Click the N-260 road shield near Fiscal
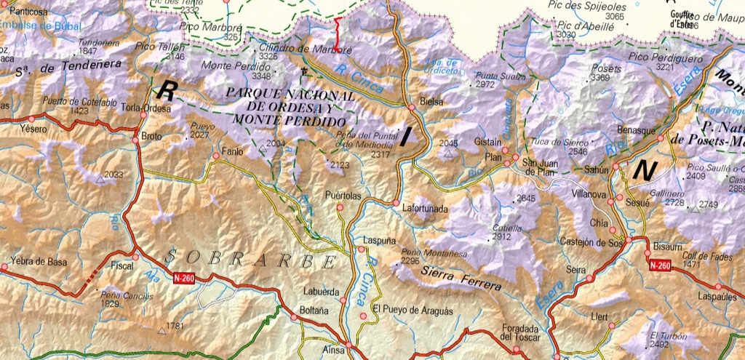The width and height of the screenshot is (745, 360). [184, 277]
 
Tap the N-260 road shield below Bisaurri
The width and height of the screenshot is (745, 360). [659, 266]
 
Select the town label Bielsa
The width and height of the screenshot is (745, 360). [432, 102]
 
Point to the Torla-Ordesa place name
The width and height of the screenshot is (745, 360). [146, 108]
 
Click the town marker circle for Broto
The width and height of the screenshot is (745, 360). [136, 136]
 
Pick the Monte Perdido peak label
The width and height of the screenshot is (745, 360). [226, 65]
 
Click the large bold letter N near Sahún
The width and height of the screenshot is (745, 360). [645, 170]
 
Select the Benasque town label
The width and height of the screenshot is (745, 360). [637, 128]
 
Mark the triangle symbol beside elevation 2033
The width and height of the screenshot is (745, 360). [100, 177]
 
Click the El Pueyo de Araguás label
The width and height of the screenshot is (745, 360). [412, 311]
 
